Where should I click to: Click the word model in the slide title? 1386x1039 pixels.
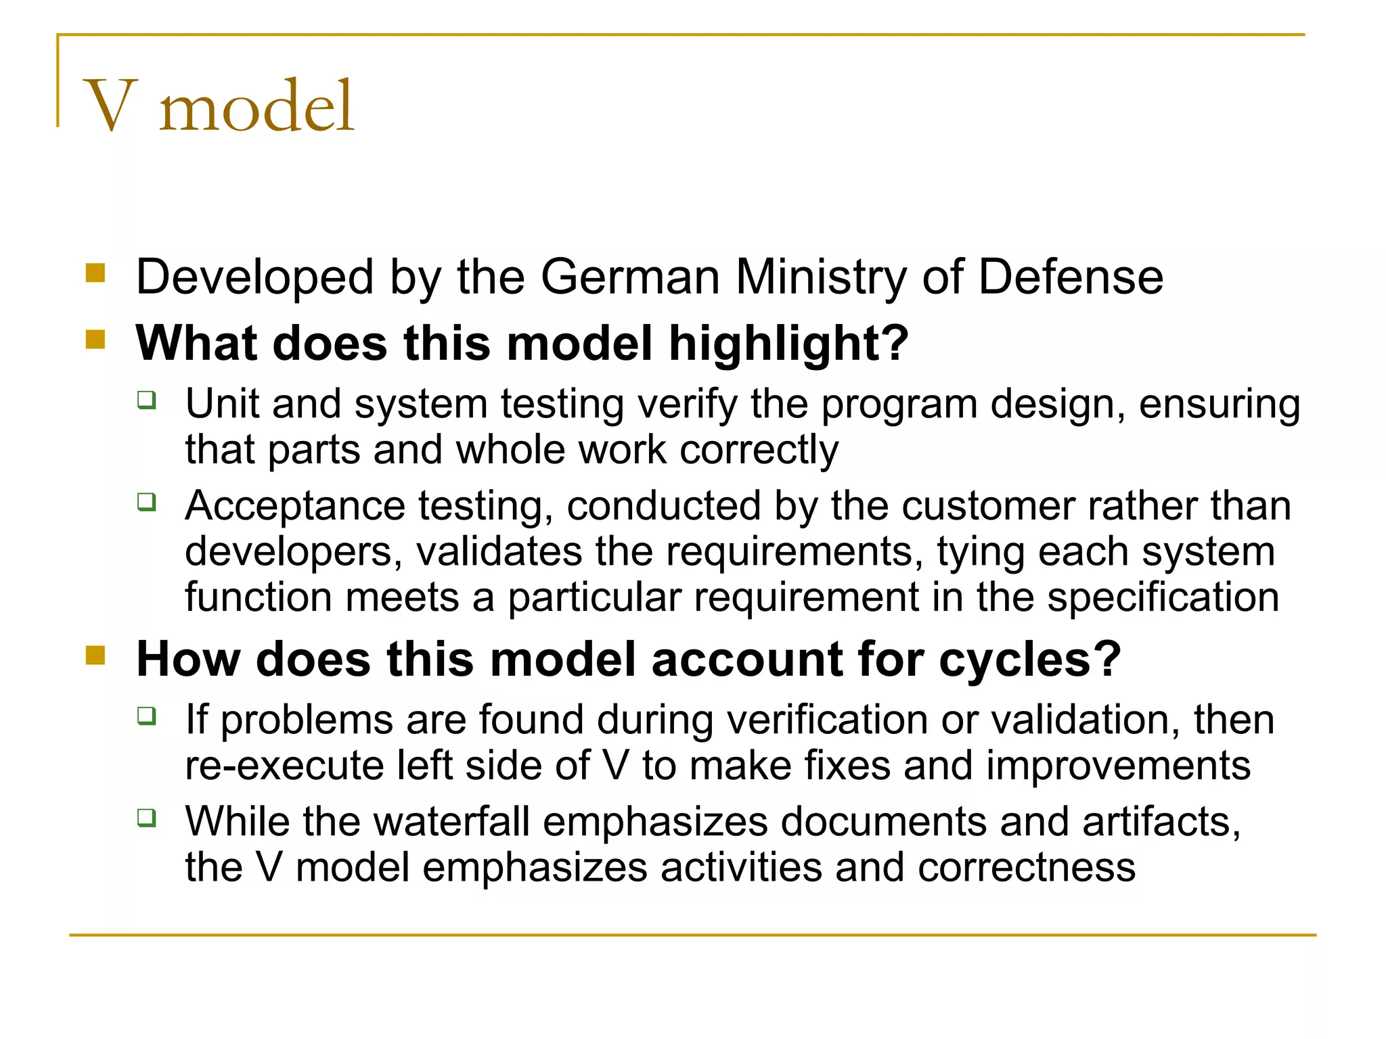(x=256, y=106)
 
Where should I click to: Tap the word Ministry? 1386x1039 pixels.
(x=820, y=277)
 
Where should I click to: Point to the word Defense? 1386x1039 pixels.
(x=1071, y=277)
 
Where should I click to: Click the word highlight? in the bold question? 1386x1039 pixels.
(x=789, y=343)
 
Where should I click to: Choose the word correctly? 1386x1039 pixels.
(x=759, y=451)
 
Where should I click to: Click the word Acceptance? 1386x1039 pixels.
(x=295, y=506)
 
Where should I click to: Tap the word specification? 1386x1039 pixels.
(x=1163, y=597)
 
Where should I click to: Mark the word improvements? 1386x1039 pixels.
(x=1118, y=766)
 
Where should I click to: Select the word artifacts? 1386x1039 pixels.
(x=1161, y=822)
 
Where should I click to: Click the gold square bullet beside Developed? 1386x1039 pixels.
(x=95, y=273)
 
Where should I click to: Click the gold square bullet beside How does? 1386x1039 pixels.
(x=95, y=655)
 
